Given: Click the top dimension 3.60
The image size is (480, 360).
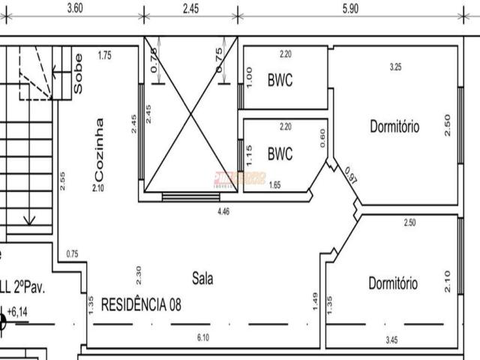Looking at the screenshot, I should (x=74, y=8).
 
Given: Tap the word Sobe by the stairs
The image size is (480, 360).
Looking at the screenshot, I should (x=79, y=72).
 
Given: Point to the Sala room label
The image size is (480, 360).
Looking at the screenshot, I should (x=202, y=278).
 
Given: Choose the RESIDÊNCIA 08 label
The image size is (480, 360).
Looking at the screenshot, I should (x=140, y=304).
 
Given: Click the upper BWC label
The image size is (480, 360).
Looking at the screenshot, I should (x=280, y=80).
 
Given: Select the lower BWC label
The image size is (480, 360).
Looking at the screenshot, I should (x=280, y=154).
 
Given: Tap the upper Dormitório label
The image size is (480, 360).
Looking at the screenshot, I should (x=394, y=127).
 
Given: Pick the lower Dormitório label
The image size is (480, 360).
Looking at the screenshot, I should (x=393, y=283).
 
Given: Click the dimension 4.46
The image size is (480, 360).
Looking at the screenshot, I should (x=223, y=213).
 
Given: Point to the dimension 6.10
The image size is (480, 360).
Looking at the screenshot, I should (x=202, y=337).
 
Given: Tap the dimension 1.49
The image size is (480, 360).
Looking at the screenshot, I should (x=313, y=301).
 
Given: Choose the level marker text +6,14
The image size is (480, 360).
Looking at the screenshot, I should (x=17, y=310).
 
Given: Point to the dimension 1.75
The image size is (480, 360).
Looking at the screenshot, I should (x=105, y=55).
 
